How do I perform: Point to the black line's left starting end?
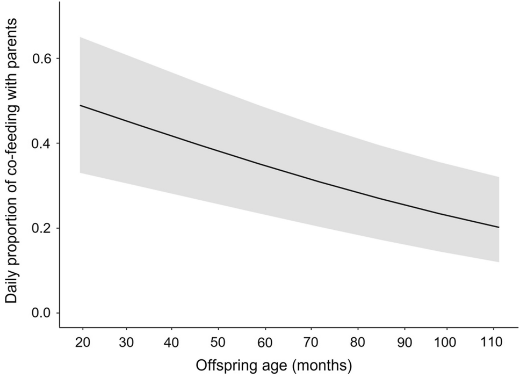[80, 105]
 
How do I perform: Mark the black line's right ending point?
[499, 227]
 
